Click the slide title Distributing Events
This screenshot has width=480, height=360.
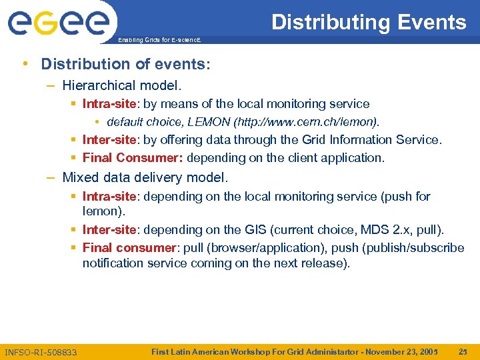pyautogui.click(x=369, y=22)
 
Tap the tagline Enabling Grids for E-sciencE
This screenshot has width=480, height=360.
pyautogui.click(x=158, y=40)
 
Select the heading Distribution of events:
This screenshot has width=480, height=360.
pyautogui.click(x=125, y=64)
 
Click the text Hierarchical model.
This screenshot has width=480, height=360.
pyautogui.click(x=121, y=85)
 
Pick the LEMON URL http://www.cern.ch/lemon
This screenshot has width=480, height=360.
pyautogui.click(x=311, y=122)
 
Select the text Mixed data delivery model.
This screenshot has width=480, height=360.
pyautogui.click(x=145, y=178)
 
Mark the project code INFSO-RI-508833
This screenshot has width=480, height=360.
pyautogui.click(x=41, y=352)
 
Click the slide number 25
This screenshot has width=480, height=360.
pyautogui.click(x=465, y=351)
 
